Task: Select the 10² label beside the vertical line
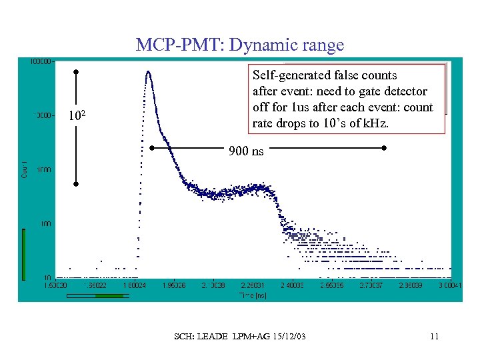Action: point(78,117)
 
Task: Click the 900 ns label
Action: point(246,151)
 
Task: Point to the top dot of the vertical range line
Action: point(77,71)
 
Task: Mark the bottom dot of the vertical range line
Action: point(77,183)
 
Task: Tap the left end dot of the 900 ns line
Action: point(152,147)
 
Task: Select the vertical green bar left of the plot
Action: point(24,253)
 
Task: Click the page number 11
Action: point(434,336)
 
